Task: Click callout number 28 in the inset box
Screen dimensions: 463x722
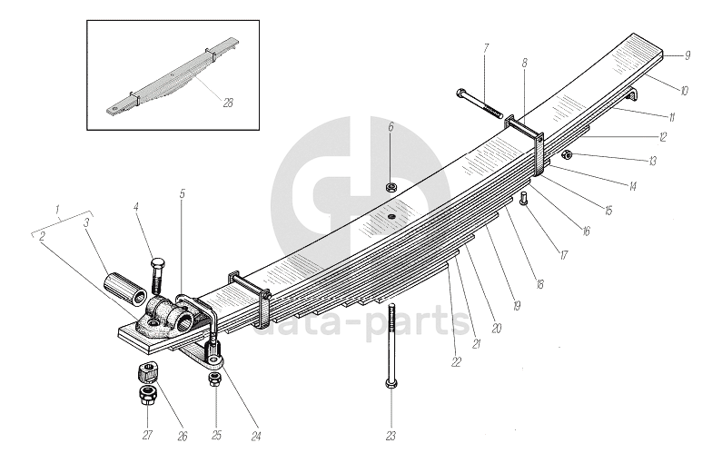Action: pos(227,103)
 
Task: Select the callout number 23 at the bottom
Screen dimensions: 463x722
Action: pos(391,436)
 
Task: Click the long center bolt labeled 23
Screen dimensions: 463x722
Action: pos(391,345)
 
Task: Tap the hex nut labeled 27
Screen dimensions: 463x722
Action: pos(145,395)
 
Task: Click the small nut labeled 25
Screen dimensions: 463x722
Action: pos(214,379)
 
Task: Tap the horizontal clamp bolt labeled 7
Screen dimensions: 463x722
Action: pos(481,103)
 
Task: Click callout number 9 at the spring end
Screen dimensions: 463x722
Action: pos(687,55)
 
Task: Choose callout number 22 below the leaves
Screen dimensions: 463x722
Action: pos(456,361)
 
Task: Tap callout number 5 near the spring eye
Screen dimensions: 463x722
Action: pos(182,193)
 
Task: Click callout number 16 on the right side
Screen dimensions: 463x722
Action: pos(586,231)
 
